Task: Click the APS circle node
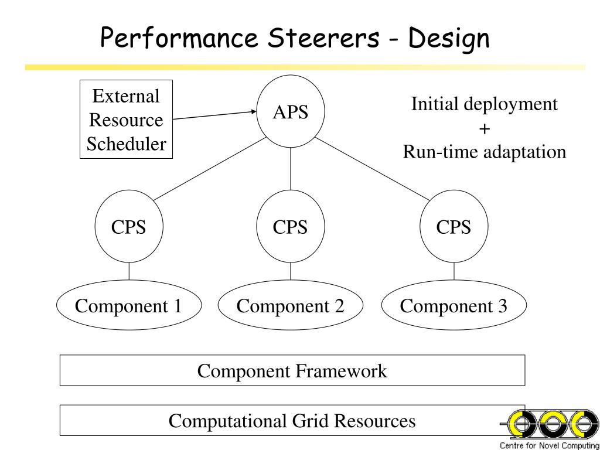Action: coord(291,112)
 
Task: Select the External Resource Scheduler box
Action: coord(127,119)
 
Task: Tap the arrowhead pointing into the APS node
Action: coord(254,112)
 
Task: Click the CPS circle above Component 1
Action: coord(129,227)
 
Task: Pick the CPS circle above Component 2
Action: coord(291,227)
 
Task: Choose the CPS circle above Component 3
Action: coord(454,227)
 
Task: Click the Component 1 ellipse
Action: coord(129,305)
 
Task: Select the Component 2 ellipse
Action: coord(291,305)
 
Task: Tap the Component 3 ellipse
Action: coord(454,305)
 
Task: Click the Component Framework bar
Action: coord(292,370)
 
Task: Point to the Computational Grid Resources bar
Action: coord(292,420)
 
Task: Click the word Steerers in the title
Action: coord(323,38)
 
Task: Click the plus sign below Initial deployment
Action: coord(484,129)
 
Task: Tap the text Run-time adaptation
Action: coord(484,152)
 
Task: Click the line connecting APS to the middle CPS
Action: coord(291,169)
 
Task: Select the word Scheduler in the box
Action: coord(127,144)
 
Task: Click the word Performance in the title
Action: coord(179,38)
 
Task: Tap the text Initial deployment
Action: coord(484,104)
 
